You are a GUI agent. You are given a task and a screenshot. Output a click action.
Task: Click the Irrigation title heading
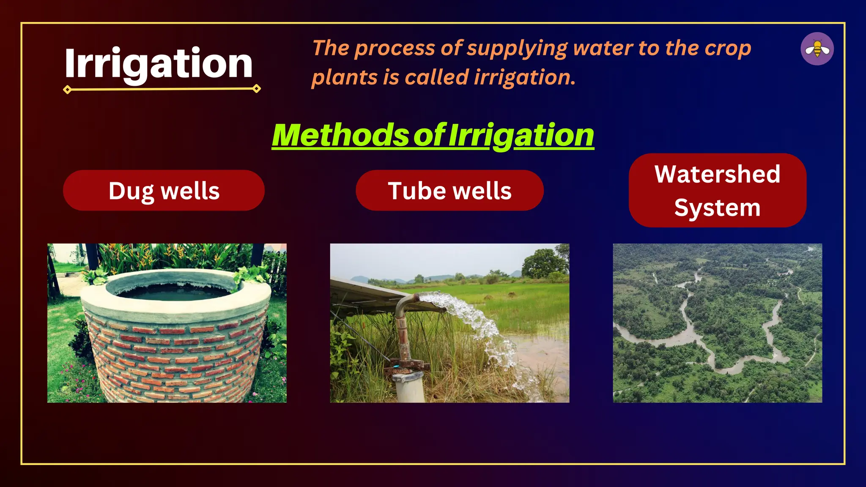159,63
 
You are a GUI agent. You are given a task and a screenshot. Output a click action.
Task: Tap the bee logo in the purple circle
817,49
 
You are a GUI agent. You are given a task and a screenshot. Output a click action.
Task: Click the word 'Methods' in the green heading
340,136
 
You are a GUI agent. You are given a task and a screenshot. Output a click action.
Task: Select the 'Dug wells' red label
164,191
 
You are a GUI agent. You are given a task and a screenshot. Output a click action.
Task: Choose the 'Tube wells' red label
449,191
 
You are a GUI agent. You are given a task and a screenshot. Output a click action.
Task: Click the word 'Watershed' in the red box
717,174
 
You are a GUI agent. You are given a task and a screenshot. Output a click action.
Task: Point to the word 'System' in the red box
717,208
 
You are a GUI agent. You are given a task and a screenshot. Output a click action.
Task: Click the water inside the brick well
173,292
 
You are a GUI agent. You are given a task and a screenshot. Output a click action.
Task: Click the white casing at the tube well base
409,387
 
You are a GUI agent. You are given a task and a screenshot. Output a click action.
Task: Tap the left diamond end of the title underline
67,90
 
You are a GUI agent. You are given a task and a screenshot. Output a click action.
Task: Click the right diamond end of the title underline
256,88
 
